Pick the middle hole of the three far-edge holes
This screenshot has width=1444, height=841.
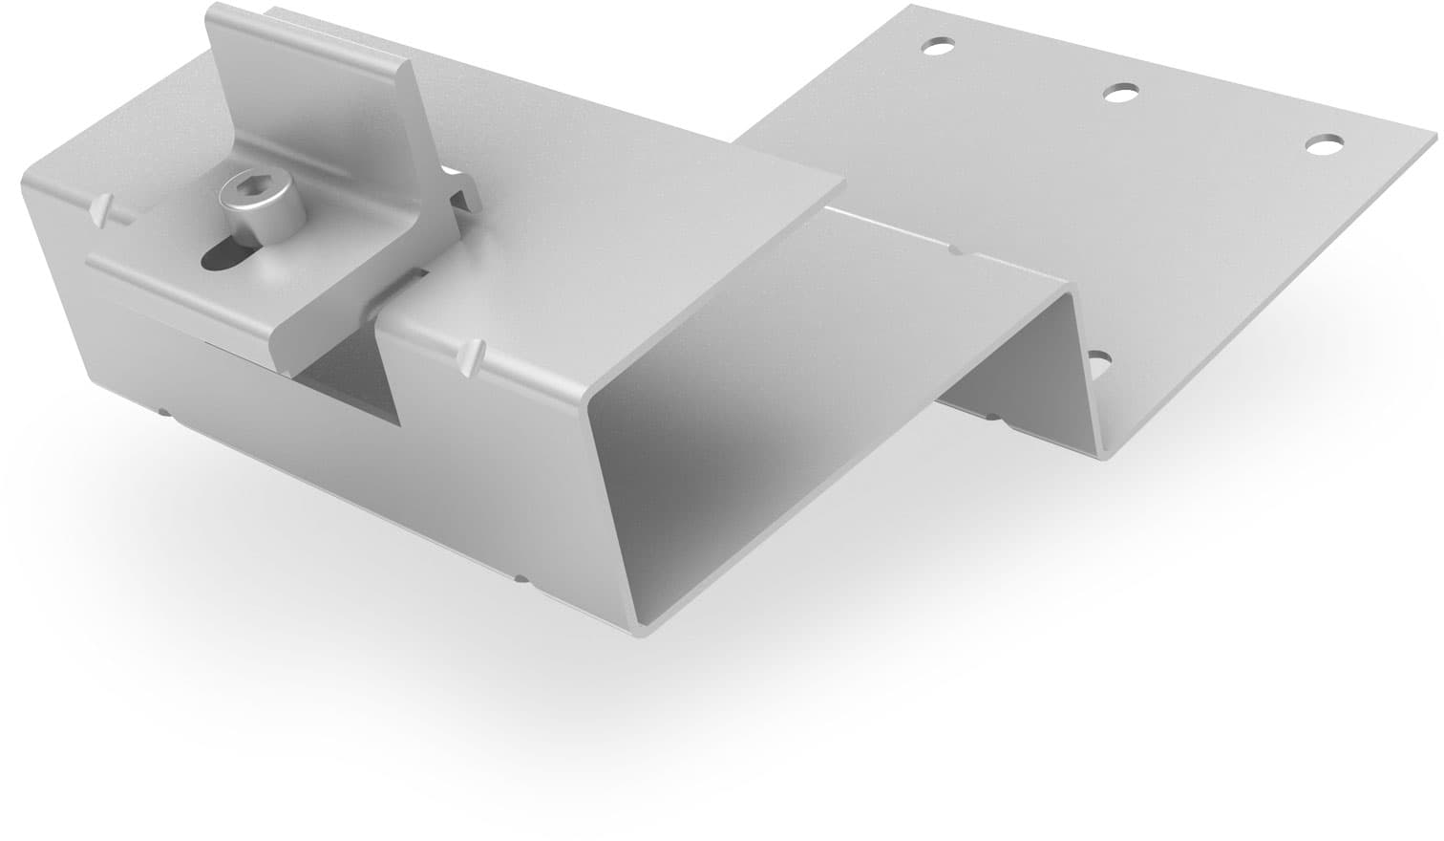1120,93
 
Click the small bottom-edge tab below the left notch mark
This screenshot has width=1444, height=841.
165,414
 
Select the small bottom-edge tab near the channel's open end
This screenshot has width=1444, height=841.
520,577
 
